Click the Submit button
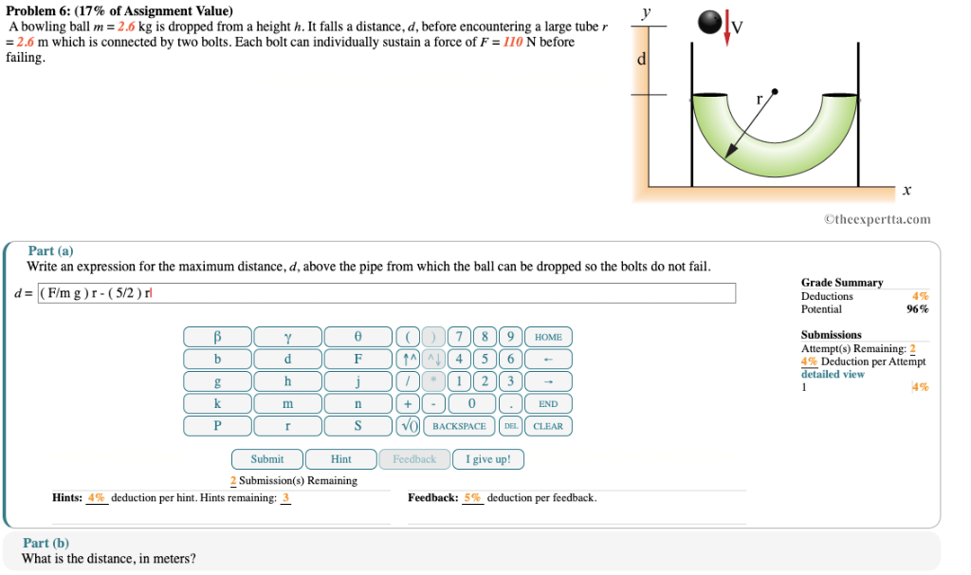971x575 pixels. pyautogui.click(x=266, y=459)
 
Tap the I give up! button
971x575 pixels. pyautogui.click(x=488, y=459)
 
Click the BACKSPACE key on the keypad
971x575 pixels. pyautogui.click(x=459, y=426)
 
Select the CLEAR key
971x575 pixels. pyautogui.click(x=548, y=426)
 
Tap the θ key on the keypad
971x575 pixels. pyautogui.click(x=357, y=337)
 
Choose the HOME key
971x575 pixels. pyautogui.click(x=548, y=337)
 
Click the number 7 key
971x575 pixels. pyautogui.click(x=459, y=337)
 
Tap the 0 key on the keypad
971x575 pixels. pyautogui.click(x=472, y=404)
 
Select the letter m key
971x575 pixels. pyautogui.click(x=287, y=404)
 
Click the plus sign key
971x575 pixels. pyautogui.click(x=408, y=404)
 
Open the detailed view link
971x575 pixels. pyautogui.click(x=833, y=374)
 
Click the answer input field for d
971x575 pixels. pyautogui.click(x=387, y=293)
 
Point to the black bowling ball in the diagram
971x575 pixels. pyautogui.click(x=709, y=23)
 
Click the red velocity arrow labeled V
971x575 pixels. pyautogui.click(x=727, y=28)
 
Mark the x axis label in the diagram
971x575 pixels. pyautogui.click(x=907, y=190)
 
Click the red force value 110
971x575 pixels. pyautogui.click(x=512, y=42)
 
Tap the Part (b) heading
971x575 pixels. pyautogui.click(x=46, y=543)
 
